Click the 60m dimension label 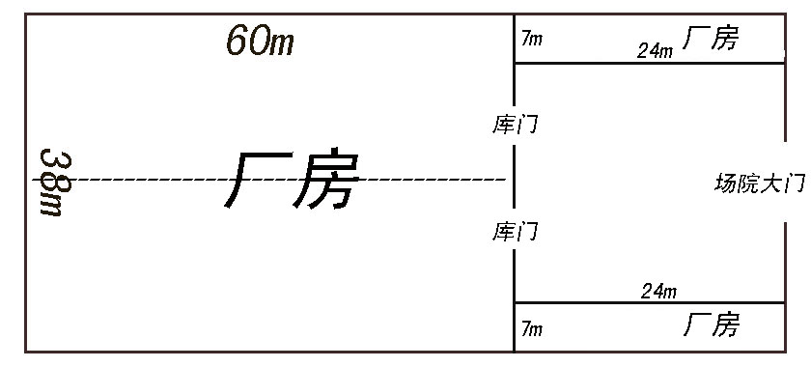pos(260,41)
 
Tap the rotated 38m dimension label pos(54,183)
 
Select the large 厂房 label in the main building pos(293,179)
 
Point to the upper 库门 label pos(516,126)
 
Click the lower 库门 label pos(516,232)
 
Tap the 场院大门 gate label pos(760,183)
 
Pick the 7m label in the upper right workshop pos(532,39)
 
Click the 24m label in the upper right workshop pos(656,51)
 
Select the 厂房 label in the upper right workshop pos(712,38)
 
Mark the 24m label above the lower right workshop pos(658,292)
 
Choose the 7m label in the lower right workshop pos(532,328)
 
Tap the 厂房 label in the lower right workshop pos(712,325)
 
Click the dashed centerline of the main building pos(269,180)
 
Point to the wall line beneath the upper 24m pos(650,63)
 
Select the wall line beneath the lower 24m pos(650,302)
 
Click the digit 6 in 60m pos(237,41)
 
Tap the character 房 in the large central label pos(326,179)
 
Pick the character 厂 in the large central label pos(257,181)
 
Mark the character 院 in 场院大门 pos(748,183)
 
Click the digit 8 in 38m pos(55,179)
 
